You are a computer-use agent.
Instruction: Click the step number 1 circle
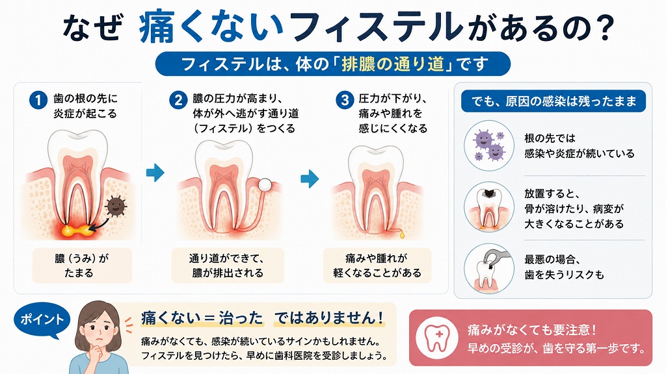point(38,101)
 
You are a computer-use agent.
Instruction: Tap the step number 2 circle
point(178,101)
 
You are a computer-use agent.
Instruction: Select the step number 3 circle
point(345,100)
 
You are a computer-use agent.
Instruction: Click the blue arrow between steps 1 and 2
point(155,173)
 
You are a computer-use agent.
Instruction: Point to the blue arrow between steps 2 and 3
point(310,179)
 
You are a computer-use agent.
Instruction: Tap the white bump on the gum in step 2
point(265,184)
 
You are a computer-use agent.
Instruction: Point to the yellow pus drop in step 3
point(402,234)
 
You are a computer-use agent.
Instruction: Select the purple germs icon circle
point(489,145)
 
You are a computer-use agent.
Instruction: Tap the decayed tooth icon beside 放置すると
point(489,207)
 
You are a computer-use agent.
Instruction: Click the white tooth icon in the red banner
point(437,338)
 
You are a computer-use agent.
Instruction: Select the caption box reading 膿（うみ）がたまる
point(82,266)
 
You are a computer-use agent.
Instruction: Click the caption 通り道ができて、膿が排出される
point(227,266)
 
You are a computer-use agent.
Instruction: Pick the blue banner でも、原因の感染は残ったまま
point(553,101)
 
